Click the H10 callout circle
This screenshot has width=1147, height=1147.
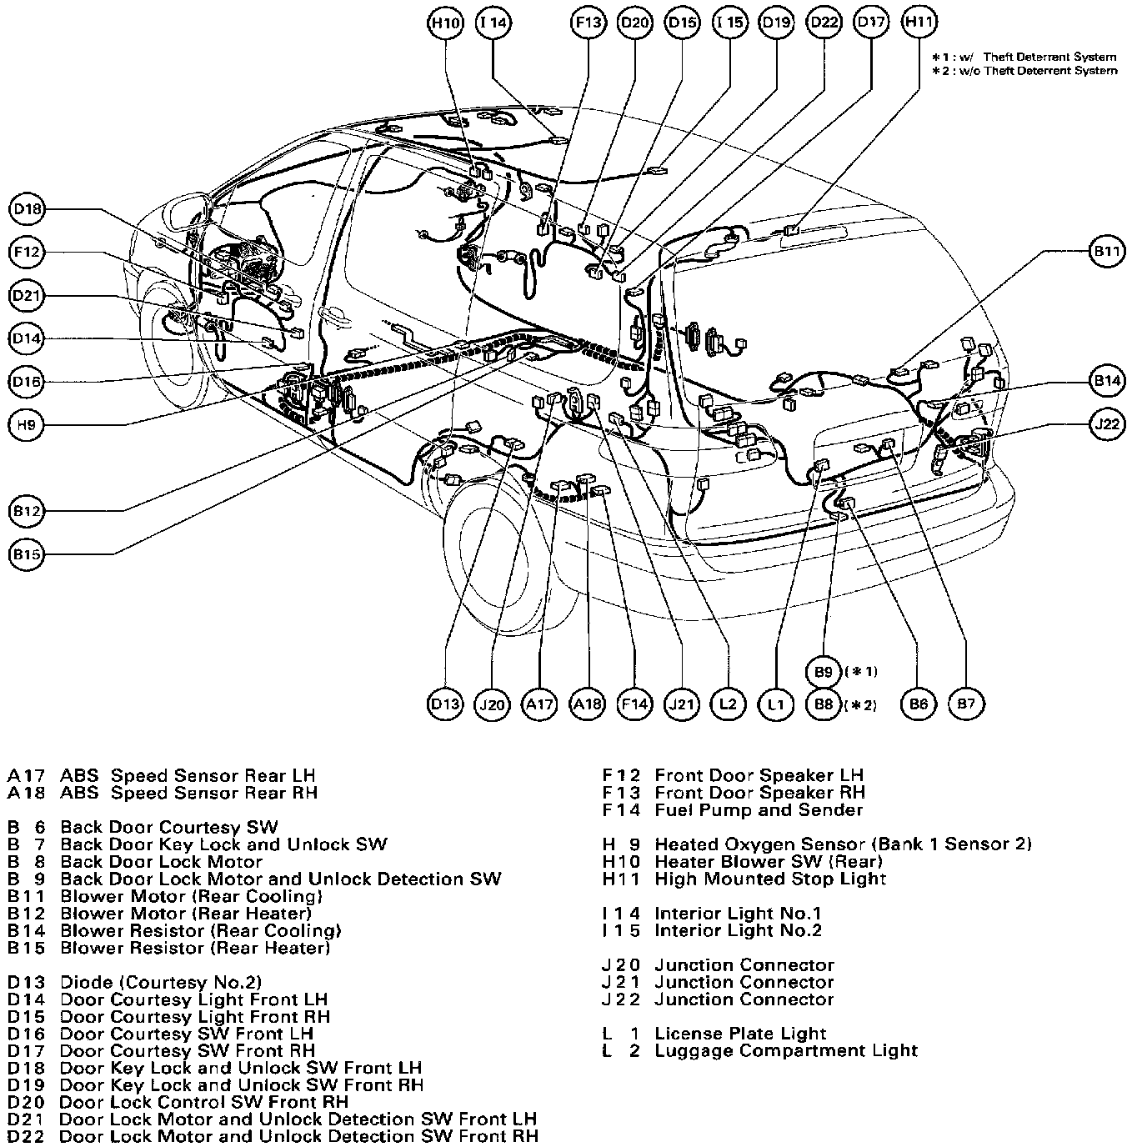pos(445,23)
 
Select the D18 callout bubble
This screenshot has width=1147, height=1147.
pos(28,209)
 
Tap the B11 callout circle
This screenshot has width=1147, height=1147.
pos(1107,251)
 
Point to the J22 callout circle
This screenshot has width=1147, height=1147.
pos(1107,424)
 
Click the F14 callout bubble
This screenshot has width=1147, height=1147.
pos(634,704)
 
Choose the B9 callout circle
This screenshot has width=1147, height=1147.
pos(824,671)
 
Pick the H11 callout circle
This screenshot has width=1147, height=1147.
pos(919,23)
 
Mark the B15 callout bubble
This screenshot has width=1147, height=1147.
pos(28,554)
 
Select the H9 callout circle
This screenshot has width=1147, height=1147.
pos(28,425)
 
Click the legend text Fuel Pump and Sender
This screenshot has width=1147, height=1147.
pos(758,810)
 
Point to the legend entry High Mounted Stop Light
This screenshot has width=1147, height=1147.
pos(769,879)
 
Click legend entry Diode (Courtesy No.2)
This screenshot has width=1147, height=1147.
pos(161,983)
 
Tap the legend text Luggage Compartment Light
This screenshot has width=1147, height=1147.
pos(785,1051)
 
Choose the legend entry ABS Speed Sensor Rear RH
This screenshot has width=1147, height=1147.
pos(188,793)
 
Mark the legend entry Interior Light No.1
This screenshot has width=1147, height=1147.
pos(738,914)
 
